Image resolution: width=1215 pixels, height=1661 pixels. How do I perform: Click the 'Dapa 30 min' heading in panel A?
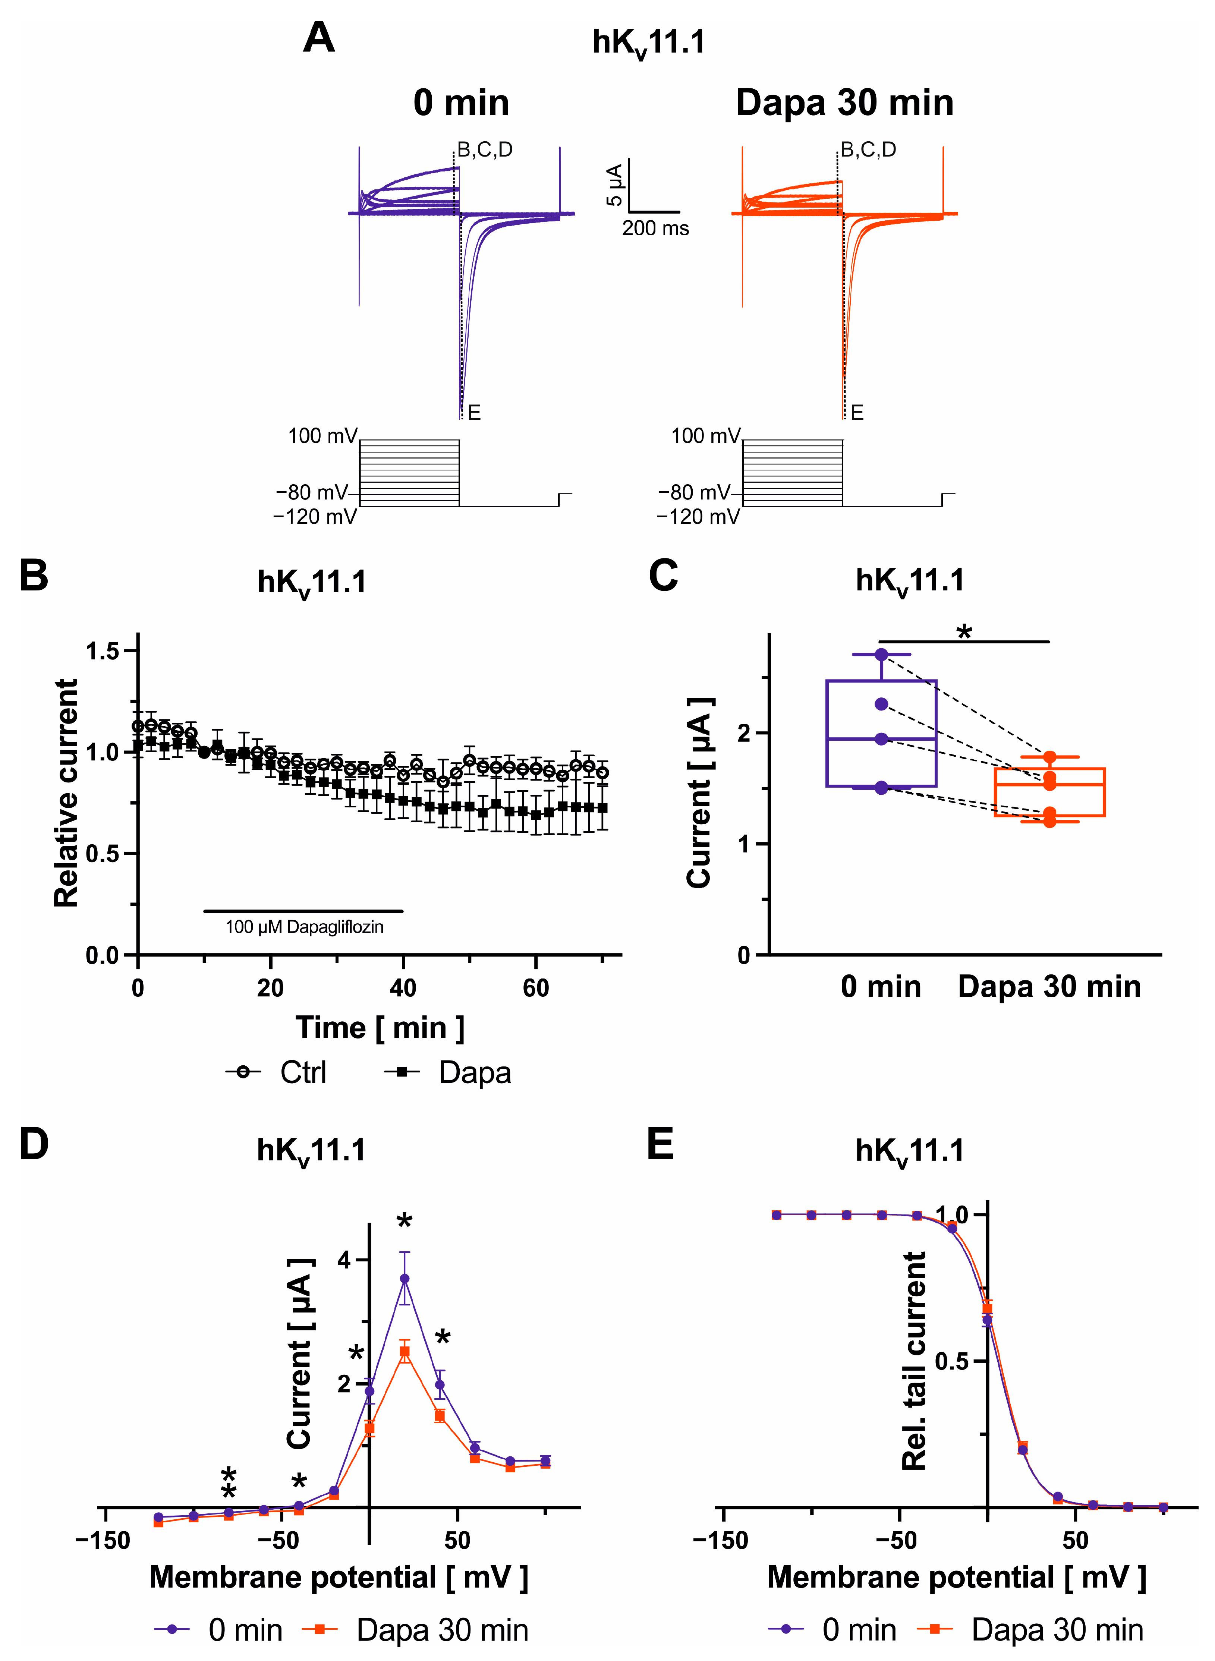pyautogui.click(x=844, y=103)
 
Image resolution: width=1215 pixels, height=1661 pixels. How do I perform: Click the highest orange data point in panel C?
pyautogui.click(x=1049, y=757)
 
